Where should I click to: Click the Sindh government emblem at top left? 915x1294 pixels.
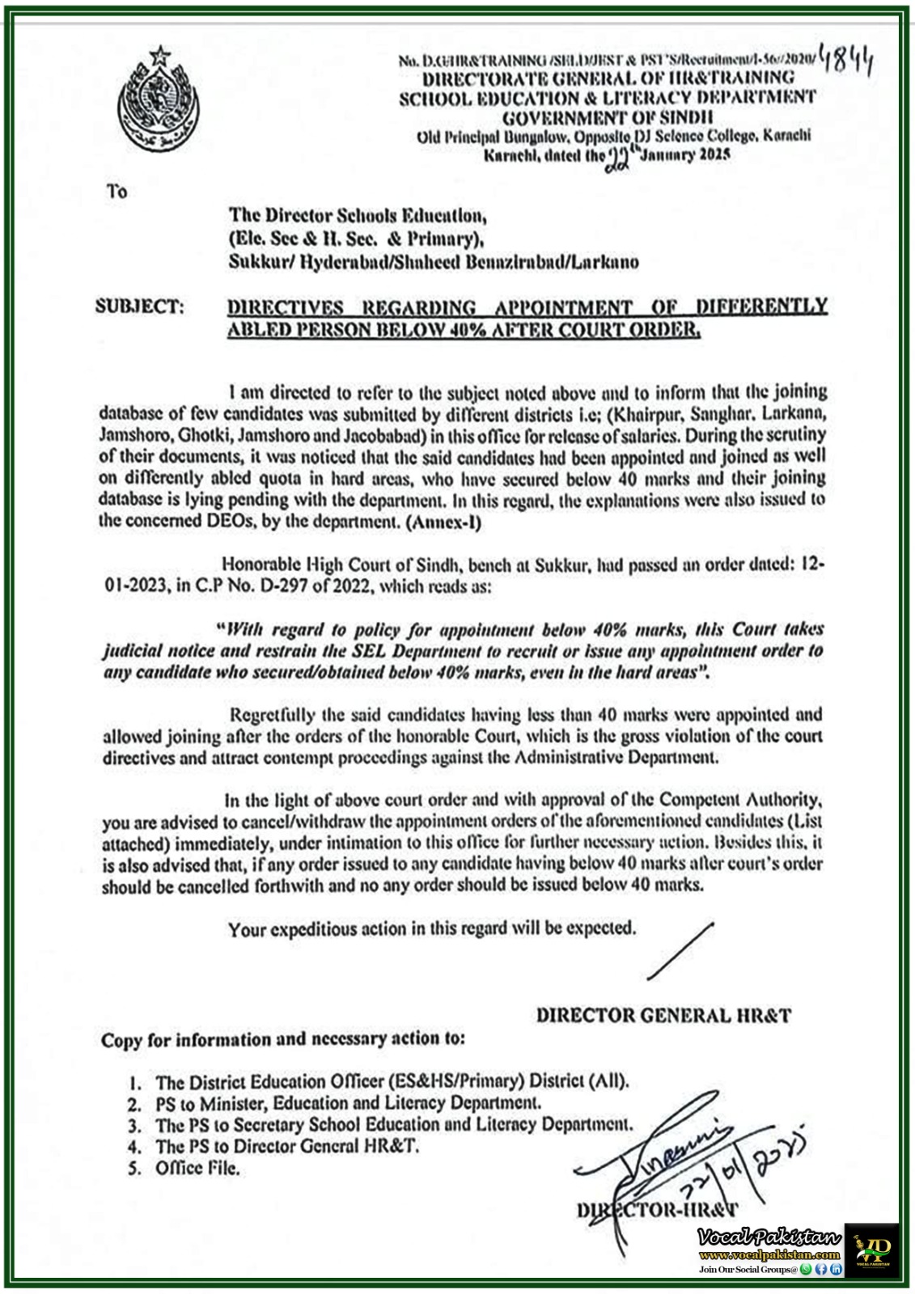(x=157, y=102)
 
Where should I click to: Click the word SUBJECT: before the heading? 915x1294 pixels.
(x=140, y=307)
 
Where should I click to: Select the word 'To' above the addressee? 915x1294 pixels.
(x=117, y=192)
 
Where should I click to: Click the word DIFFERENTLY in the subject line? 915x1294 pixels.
(x=761, y=307)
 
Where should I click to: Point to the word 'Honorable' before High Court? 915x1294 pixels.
(x=261, y=565)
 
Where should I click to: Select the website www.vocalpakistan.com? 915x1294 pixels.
(x=769, y=1255)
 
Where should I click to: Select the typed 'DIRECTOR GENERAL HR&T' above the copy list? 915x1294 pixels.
(x=663, y=1015)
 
